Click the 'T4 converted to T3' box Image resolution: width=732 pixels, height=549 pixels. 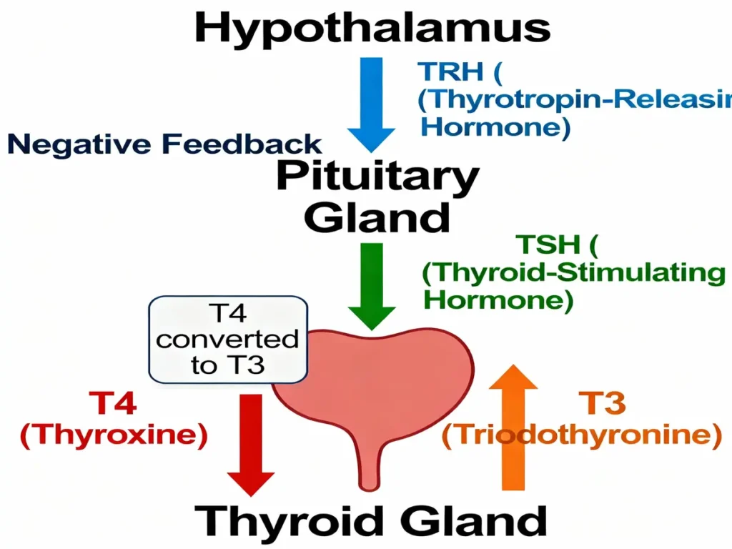227,340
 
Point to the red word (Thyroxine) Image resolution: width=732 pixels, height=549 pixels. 114,437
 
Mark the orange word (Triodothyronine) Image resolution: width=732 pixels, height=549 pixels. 581,437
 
